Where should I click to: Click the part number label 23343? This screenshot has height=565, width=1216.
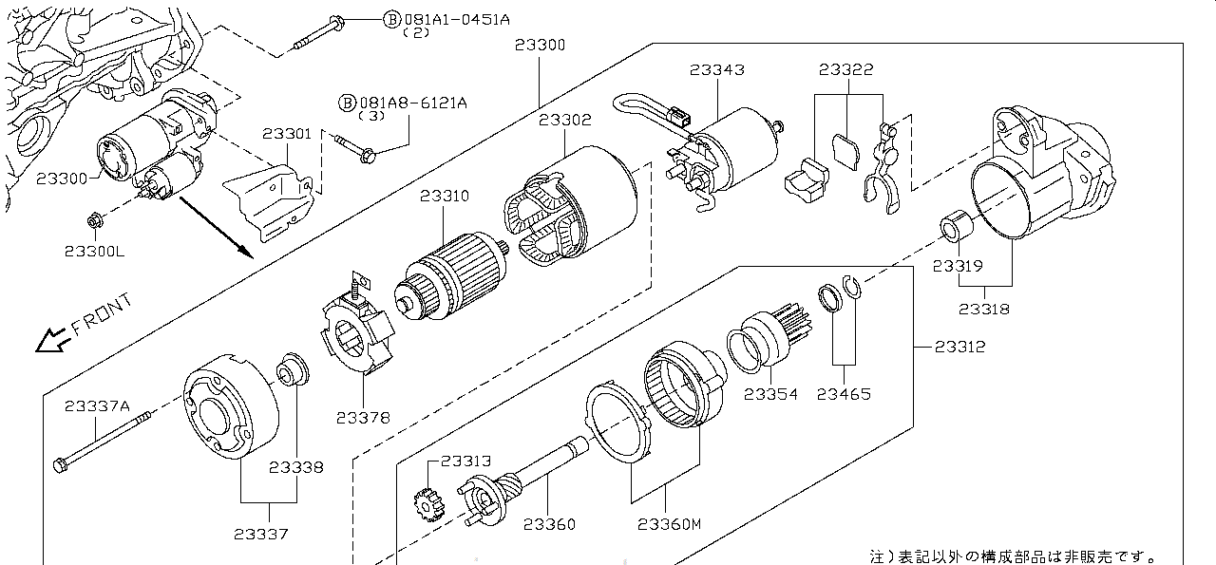tap(717, 70)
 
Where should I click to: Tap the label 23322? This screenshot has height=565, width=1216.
tap(846, 69)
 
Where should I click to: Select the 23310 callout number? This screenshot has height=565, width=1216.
tap(444, 196)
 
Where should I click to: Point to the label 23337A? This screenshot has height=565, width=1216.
tap(97, 406)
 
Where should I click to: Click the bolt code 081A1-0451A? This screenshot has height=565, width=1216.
tap(457, 20)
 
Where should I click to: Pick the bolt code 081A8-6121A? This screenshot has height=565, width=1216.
tap(413, 104)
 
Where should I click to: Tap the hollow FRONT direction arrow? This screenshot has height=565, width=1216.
tap(52, 341)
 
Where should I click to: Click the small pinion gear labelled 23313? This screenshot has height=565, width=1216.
tap(428, 505)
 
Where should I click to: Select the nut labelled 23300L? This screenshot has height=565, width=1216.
tap(95, 221)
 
